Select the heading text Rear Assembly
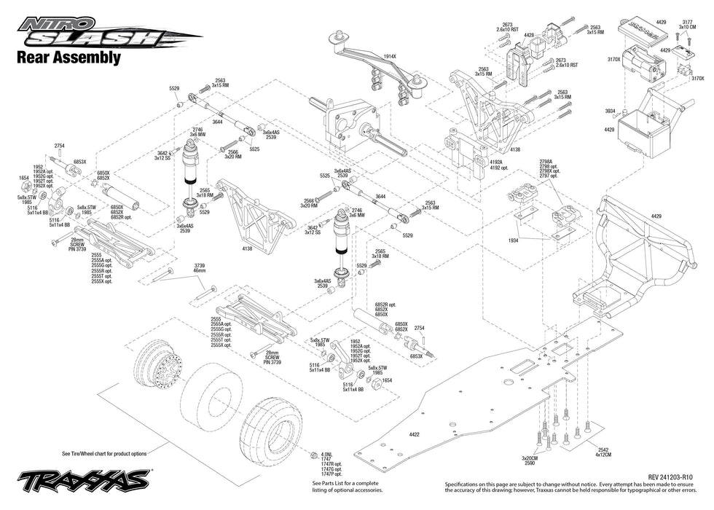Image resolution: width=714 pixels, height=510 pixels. [68, 57]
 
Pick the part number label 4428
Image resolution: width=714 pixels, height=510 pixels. [529, 35]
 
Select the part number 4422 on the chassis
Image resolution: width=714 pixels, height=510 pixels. [414, 435]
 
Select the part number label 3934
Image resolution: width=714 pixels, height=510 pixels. [610, 111]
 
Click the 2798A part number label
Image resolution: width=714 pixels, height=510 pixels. [546, 161]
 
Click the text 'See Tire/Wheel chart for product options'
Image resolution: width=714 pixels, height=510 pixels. [104, 452]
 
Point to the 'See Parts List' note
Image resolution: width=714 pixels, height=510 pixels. [345, 487]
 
